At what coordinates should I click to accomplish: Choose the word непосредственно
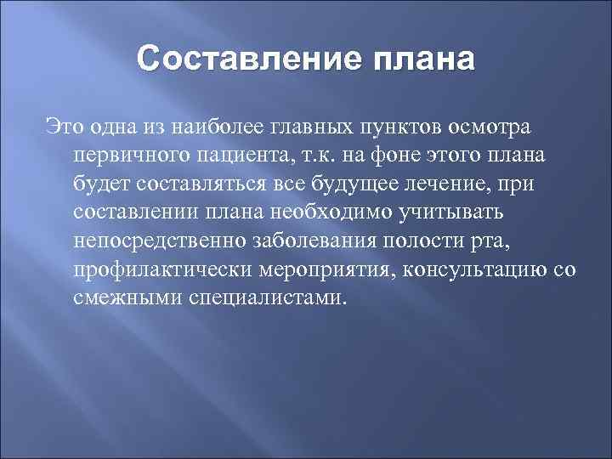(x=158, y=241)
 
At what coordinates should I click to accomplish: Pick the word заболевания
(x=314, y=241)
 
